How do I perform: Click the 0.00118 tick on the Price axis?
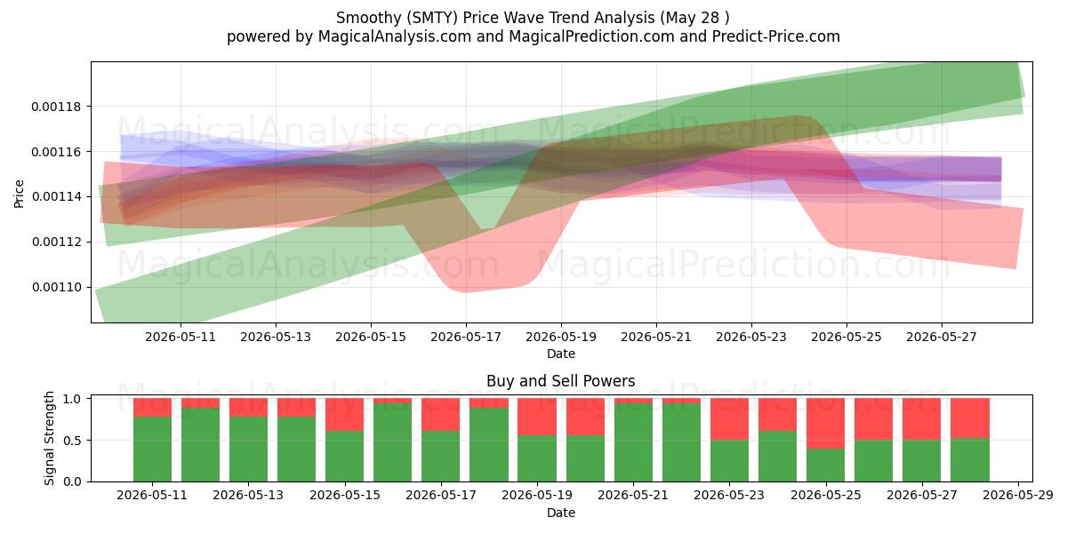pyautogui.click(x=56, y=107)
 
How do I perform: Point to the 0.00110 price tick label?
pyautogui.click(x=56, y=288)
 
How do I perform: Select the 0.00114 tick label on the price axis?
pyautogui.click(x=56, y=196)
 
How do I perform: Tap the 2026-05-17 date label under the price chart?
pyautogui.click(x=466, y=338)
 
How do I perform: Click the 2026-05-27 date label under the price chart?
pyautogui.click(x=942, y=338)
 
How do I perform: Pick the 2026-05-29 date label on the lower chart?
pyautogui.click(x=1018, y=496)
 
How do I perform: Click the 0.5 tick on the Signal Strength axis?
pyautogui.click(x=73, y=441)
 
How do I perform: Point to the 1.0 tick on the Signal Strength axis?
pyautogui.click(x=73, y=399)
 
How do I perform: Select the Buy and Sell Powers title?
pyautogui.click(x=561, y=381)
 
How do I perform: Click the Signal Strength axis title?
pyautogui.click(x=49, y=438)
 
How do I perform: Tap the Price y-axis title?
pyautogui.click(x=19, y=194)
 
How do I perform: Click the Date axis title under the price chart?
pyautogui.click(x=561, y=354)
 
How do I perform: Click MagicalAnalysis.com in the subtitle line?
pyautogui.click(x=395, y=36)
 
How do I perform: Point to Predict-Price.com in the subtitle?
pyautogui.click(x=776, y=36)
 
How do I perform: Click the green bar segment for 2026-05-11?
pyautogui.click(x=152, y=449)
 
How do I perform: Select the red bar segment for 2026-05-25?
pyautogui.click(x=825, y=424)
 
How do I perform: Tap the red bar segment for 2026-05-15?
pyautogui.click(x=344, y=415)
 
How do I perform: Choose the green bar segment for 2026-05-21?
pyautogui.click(x=633, y=442)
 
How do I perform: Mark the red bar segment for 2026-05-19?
pyautogui.click(x=537, y=417)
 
